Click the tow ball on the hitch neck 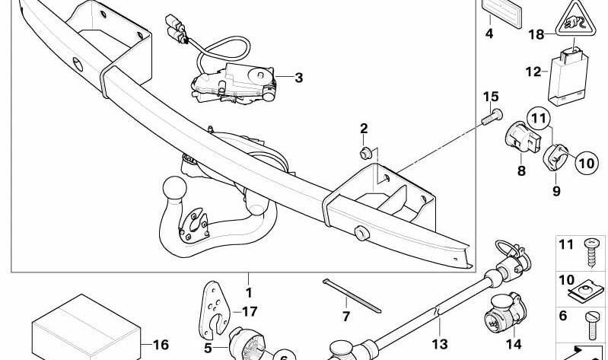coord(175,189)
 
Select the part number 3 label coord(298,78)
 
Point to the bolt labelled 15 coord(492,116)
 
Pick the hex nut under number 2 coord(366,153)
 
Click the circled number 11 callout coord(539,118)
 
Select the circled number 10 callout coord(587,163)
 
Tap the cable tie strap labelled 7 coord(352,295)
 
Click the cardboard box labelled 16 coord(86,328)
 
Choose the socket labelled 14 coord(505,311)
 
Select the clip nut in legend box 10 coord(585,292)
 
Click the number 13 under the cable coord(440,344)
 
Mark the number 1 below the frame coord(249,292)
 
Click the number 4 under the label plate coord(489,33)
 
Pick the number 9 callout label coord(556,190)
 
